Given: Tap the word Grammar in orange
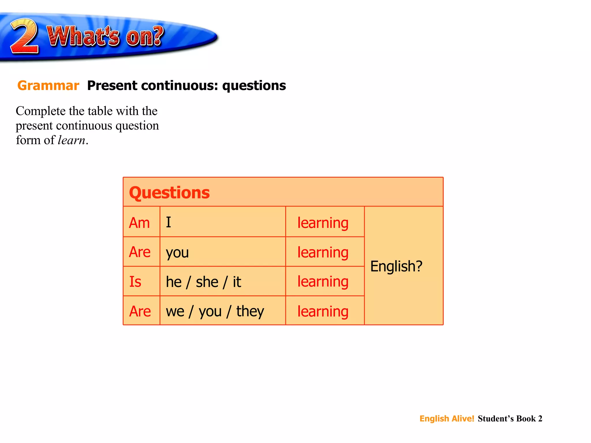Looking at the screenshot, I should coord(48,86).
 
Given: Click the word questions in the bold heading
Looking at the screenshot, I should coord(254,86).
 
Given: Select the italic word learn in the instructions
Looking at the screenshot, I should coord(72,140).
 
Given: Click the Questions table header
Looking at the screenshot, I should coord(169,193).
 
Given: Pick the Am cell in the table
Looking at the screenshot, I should coord(139,223).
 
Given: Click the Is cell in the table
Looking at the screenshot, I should coord(135,282).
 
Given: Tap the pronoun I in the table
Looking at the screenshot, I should coord(169,223).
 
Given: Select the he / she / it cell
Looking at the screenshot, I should coord(203,282).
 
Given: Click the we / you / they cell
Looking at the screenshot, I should coord(215,311).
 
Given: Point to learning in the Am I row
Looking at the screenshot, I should coord(323,223).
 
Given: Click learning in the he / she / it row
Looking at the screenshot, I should coord(323,282).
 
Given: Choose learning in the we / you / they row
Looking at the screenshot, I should coord(323,311).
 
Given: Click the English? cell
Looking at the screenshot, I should coord(396,266).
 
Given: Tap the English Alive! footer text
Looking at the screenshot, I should coord(447,418).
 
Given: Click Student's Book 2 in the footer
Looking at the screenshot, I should coord(510,418).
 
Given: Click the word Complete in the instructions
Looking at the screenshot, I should coord(41,111).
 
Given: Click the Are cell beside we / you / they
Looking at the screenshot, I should coord(140,311).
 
